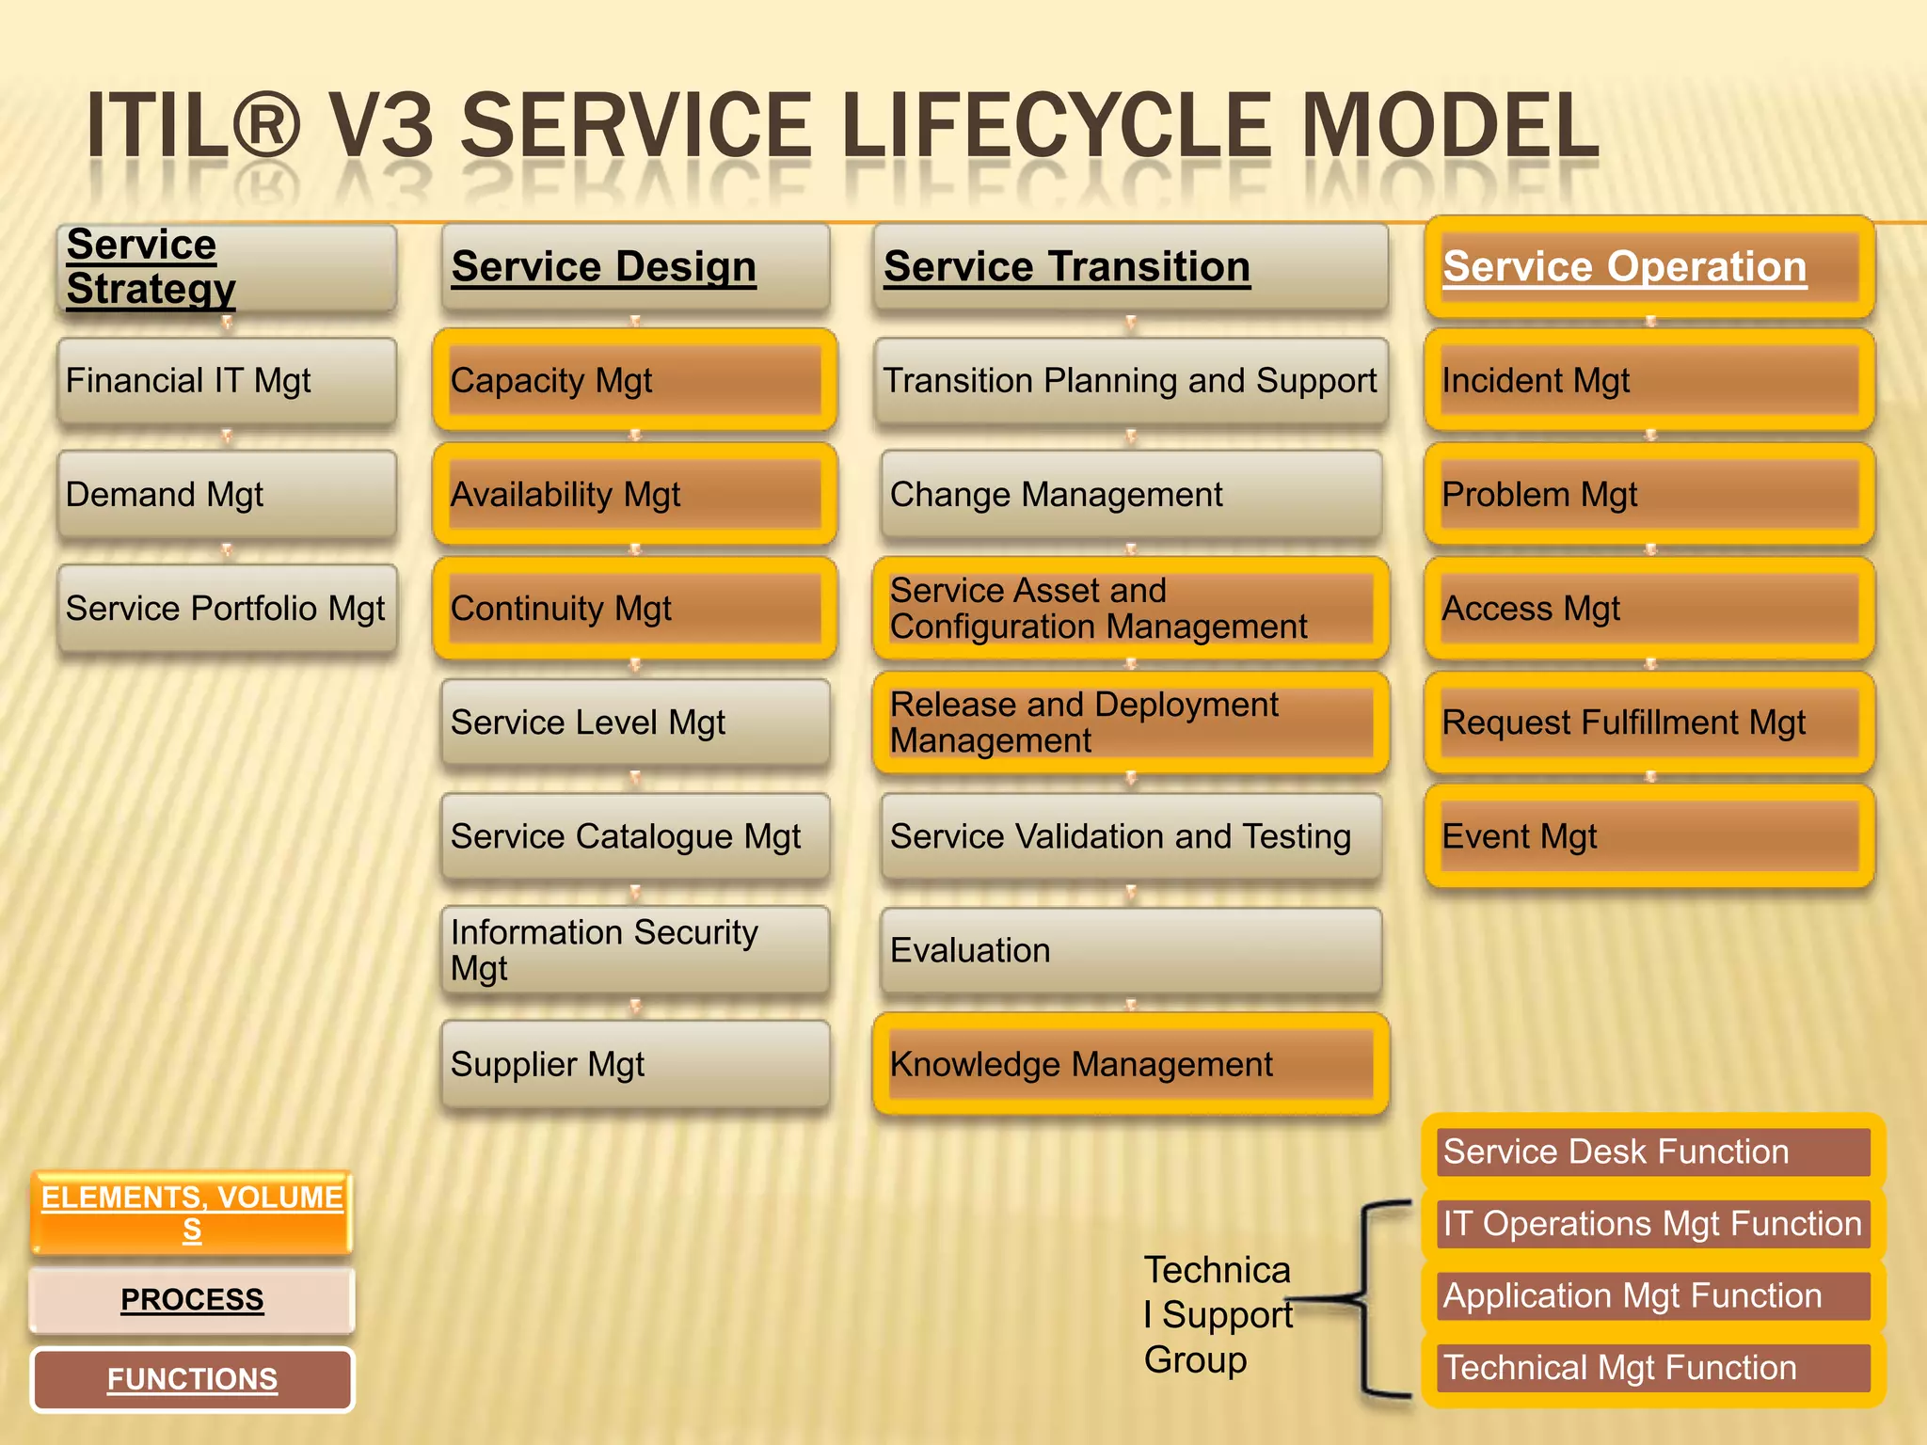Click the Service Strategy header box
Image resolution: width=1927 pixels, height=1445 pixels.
tap(226, 267)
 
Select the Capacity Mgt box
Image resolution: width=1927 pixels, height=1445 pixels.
tap(634, 380)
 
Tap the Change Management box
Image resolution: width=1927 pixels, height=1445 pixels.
tap(1131, 494)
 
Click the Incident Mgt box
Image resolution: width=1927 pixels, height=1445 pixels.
tap(1649, 380)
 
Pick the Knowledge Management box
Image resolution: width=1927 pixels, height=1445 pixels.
tap(1131, 1064)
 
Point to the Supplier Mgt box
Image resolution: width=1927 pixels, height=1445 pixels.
tap(634, 1064)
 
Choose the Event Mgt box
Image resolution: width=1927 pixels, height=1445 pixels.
tap(1649, 836)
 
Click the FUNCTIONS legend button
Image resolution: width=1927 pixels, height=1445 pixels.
tap(192, 1379)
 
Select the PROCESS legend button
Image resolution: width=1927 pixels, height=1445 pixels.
tap(192, 1299)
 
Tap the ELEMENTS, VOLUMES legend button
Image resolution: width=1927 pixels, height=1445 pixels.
tap(192, 1213)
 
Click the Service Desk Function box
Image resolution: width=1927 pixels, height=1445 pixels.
tap(1654, 1151)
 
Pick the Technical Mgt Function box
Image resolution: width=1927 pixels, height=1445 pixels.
tap(1654, 1367)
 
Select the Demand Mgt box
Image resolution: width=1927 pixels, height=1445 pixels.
tap(226, 494)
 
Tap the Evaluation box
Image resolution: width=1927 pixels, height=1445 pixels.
tap(1131, 950)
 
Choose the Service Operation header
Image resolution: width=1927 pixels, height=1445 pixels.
tap(1649, 267)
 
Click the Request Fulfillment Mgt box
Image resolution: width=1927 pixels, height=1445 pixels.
tap(1649, 722)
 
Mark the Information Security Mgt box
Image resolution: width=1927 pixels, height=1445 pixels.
tap(634, 950)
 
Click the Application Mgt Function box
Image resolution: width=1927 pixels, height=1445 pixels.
tap(1654, 1295)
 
